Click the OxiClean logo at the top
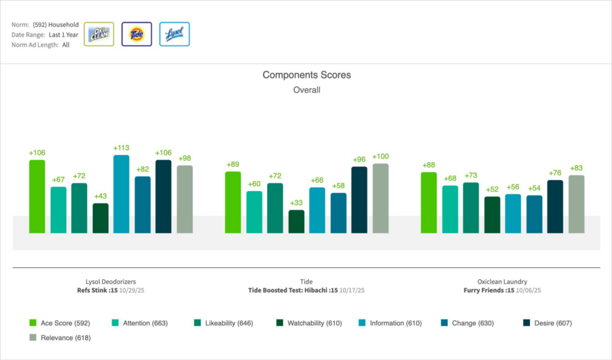tap(99, 34)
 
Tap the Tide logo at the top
tap(136, 34)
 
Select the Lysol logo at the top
tap(175, 34)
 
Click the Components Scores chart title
tap(307, 75)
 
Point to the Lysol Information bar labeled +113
tap(121, 194)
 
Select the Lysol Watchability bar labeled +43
tap(100, 218)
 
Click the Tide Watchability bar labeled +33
tap(296, 221)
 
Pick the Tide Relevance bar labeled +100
tap(381, 198)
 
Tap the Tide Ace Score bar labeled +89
tap(233, 202)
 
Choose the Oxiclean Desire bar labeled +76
tap(555, 206)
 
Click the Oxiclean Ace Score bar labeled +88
tap(429, 202)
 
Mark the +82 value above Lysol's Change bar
tap(142, 169)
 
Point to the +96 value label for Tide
tap(359, 160)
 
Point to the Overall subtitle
tap(307, 90)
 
